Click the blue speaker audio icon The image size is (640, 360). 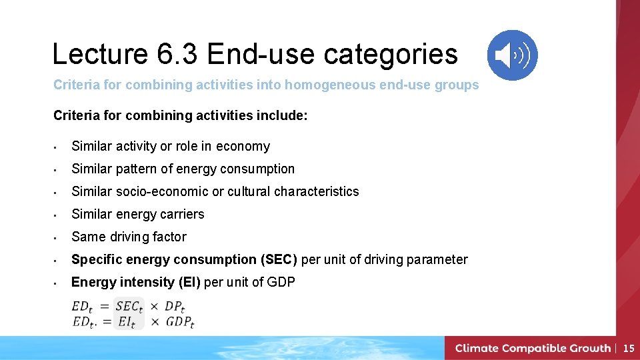coord(512,55)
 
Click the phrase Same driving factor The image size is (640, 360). coord(129,237)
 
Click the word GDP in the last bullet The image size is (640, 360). coord(281,283)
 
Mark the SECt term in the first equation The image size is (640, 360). coord(129,307)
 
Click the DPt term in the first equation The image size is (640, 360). coord(174,307)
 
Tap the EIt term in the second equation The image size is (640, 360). coord(127,322)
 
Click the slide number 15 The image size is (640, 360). coord(629,348)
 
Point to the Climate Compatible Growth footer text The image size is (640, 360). coord(533,348)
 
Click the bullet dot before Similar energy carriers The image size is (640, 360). coord(59,215)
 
